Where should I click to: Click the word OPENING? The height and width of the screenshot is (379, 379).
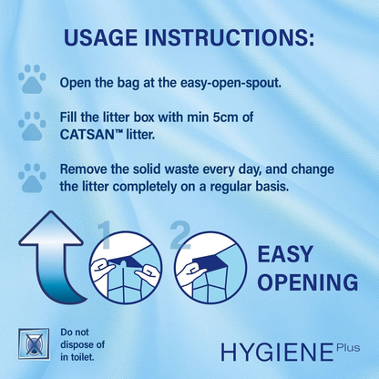point(307,282)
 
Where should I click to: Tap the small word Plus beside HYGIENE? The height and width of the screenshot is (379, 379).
point(347,346)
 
